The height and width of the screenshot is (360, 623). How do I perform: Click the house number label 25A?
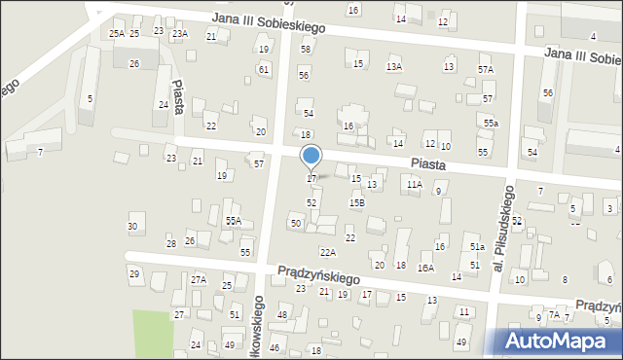click(116, 34)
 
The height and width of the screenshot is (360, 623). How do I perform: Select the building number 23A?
click(180, 34)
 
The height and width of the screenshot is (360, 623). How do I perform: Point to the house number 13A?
click(394, 67)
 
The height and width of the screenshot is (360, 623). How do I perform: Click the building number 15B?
click(357, 202)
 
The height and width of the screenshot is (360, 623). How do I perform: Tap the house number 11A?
click(415, 184)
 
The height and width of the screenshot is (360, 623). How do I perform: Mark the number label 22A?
click(328, 253)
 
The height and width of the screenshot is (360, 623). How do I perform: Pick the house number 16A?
click(425, 268)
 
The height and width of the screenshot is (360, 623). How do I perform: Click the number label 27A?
click(199, 280)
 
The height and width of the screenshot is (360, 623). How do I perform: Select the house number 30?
click(132, 227)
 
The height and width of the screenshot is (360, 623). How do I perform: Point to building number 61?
click(264, 69)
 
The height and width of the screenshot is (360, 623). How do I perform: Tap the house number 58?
click(306, 49)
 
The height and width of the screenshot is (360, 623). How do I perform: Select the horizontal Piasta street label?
click(428, 165)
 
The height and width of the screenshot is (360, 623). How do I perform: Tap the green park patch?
click(151, 334)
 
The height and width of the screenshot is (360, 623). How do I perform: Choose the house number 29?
click(134, 273)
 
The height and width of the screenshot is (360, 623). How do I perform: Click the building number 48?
click(282, 314)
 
